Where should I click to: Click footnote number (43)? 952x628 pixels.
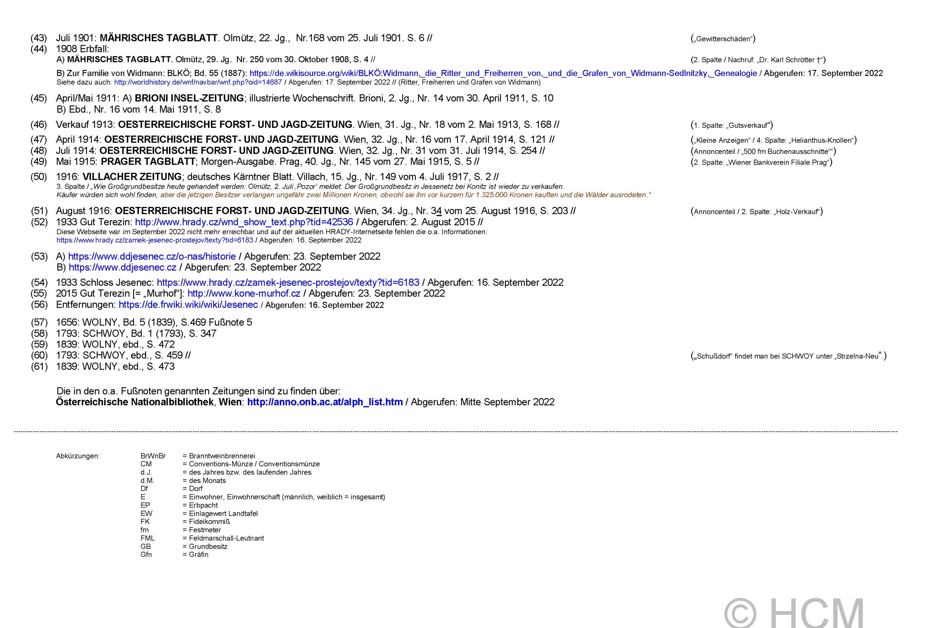point(39,38)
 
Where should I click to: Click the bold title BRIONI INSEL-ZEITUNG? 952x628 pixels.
point(189,98)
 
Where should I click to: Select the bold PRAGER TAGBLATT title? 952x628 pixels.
point(148,162)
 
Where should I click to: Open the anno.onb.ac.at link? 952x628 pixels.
point(325,402)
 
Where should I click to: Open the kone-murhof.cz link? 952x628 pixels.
point(244,294)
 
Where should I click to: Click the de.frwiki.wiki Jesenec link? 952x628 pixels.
point(188,305)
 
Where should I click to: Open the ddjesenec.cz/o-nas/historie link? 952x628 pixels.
point(152,257)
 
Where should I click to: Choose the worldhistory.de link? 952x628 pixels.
point(198,82)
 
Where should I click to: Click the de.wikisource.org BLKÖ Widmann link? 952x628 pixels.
point(503,73)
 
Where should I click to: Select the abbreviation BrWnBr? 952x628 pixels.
point(153,456)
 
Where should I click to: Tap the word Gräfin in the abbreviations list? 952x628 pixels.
point(199,555)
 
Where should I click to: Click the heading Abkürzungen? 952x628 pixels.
point(78,456)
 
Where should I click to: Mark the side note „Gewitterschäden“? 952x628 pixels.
point(723,39)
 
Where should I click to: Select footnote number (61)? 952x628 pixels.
point(39,367)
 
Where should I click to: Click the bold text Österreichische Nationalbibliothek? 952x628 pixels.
point(134,402)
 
